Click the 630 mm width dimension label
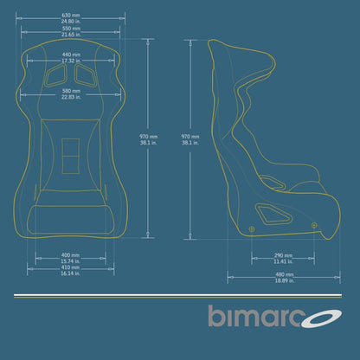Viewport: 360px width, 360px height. pyautogui.click(x=71, y=18)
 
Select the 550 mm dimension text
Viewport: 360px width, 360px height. pyautogui.click(x=71, y=31)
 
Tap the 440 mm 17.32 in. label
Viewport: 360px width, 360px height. pyautogui.click(x=71, y=58)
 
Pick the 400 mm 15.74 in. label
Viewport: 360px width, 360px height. pyautogui.click(x=71, y=258)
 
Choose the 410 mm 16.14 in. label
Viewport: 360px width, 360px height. pyautogui.click(x=71, y=271)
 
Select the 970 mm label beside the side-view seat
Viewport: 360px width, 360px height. pyautogui.click(x=193, y=139)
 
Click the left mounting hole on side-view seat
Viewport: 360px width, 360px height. pyautogui.click(x=252, y=228)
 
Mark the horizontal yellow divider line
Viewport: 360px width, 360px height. pyautogui.click(x=179, y=296)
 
